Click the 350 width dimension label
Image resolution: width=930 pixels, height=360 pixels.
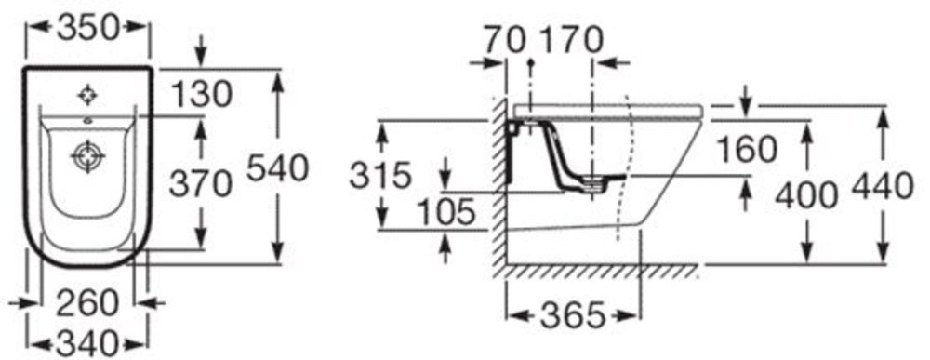click(x=88, y=27)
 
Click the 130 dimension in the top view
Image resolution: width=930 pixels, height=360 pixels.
click(x=201, y=95)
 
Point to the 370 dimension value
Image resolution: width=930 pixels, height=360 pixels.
click(x=201, y=183)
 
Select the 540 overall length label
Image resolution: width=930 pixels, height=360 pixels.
click(x=277, y=168)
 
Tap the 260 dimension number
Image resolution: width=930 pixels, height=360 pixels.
click(x=87, y=303)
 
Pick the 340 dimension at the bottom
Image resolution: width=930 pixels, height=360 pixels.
click(x=88, y=344)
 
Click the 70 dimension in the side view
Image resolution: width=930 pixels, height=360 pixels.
click(x=504, y=40)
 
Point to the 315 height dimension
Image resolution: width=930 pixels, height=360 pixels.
click(x=380, y=175)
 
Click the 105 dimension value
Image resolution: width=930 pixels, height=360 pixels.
click(x=446, y=212)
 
